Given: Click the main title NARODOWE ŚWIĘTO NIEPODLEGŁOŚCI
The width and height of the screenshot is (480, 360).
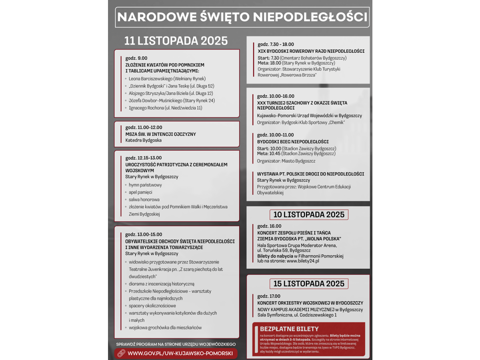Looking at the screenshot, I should (242, 17).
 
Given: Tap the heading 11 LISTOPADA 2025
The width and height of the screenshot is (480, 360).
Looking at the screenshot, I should (176, 41).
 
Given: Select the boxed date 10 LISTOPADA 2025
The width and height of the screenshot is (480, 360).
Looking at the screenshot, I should (308, 214).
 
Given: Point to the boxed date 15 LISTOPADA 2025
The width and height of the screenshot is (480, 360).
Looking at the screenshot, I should (308, 284).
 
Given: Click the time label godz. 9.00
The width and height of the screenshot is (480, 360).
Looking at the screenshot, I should (136, 58).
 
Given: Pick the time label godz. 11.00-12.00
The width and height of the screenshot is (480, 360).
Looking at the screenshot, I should (144, 127).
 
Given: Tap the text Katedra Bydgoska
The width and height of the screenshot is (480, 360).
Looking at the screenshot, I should (144, 140).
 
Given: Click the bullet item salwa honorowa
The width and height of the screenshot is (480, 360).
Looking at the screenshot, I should (144, 200).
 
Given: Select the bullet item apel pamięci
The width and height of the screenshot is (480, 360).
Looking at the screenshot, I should (140, 192).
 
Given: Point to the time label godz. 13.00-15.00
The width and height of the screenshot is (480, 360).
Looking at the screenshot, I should (144, 234).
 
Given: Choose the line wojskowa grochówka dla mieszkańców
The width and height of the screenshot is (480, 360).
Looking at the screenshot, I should (165, 328).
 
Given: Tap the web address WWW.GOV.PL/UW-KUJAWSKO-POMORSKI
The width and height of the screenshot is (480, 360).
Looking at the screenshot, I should (180, 354).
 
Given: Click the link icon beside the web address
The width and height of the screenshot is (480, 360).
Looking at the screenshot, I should (121, 354).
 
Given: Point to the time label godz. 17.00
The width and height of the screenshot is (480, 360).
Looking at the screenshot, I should (269, 296).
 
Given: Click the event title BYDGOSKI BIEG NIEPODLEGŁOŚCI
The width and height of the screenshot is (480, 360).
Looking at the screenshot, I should (293, 142).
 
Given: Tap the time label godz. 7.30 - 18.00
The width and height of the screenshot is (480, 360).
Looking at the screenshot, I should (276, 44).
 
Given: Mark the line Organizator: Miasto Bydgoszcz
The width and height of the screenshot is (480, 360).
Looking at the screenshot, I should (286, 161).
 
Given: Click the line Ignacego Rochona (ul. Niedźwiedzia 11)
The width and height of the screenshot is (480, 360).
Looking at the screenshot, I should (165, 108).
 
